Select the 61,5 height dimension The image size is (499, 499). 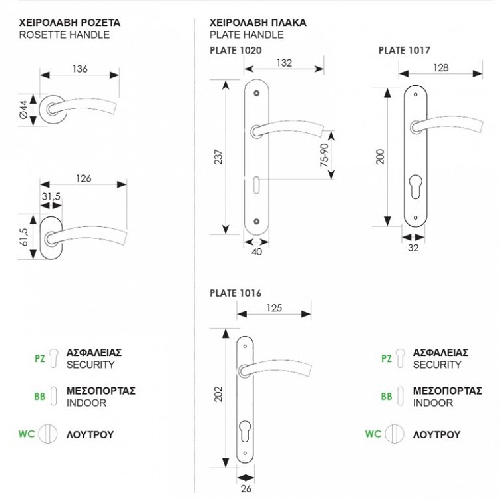pos(23,237)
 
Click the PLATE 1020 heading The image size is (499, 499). pos(236,50)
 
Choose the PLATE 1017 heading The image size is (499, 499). pos(404,50)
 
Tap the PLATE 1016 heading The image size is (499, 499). pos(236,293)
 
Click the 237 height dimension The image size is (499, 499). pos(219,156)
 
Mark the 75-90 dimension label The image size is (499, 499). pos(324,154)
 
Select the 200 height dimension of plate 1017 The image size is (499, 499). pos(380,157)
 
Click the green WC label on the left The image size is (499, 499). pos(27,434)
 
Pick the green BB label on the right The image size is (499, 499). pos(387,397)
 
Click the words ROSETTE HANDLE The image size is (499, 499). pos(65,35)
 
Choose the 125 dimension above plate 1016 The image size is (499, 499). pos(273,308)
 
